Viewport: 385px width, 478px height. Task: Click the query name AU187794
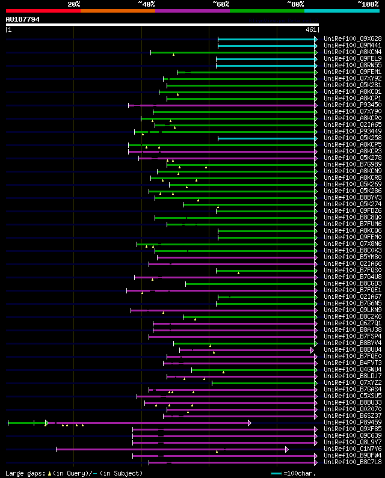tap(23, 19)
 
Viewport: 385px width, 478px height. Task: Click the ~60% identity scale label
tap(220, 4)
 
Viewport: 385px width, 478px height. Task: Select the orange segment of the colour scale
tap(117, 10)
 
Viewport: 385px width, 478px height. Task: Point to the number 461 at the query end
tap(311, 29)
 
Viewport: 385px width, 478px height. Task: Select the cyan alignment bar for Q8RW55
tap(265, 65)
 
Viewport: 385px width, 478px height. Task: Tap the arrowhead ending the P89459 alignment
tap(250, 423)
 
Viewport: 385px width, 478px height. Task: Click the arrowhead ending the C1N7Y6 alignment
tap(287, 449)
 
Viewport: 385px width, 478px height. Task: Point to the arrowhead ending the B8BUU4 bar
tap(312, 350)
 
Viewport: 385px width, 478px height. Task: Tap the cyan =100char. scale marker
tap(276, 473)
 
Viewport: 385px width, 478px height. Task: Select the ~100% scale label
tap(368, 4)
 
